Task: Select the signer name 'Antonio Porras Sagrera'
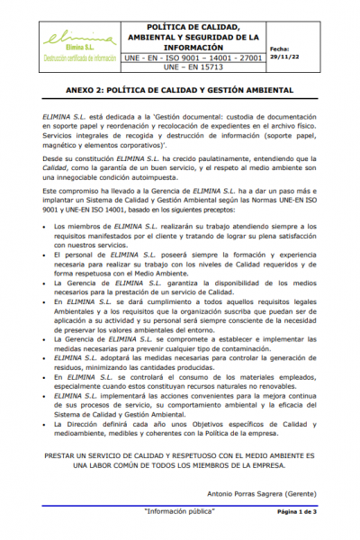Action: click(241, 493)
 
